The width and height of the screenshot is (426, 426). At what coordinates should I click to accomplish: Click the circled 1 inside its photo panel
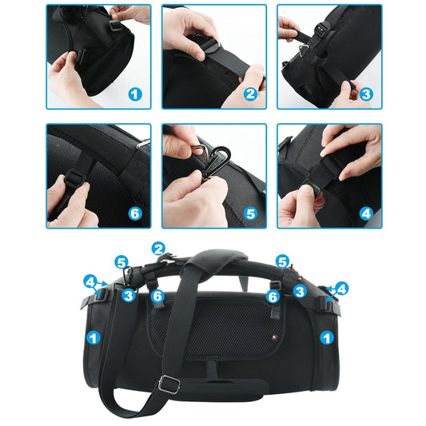point(135,94)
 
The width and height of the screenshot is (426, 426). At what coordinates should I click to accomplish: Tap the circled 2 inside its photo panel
point(249,94)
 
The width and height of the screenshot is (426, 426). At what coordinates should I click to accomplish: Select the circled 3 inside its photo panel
point(366,94)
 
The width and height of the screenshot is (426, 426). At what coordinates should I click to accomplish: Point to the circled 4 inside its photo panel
point(366,213)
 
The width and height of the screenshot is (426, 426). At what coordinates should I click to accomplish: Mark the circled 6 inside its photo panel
point(135,213)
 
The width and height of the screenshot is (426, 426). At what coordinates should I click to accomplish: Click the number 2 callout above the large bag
point(158,249)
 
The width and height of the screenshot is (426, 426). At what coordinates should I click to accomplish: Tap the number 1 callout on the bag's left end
point(94,338)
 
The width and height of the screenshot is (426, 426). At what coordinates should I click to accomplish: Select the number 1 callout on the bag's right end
point(326,338)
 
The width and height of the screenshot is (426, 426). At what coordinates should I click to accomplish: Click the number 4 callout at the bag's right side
point(342,288)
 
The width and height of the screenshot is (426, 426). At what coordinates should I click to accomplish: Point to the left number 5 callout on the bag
point(121,261)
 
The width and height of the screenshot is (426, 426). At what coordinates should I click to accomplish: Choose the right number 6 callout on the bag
point(273,297)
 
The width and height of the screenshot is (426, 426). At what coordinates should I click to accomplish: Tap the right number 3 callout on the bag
point(299,292)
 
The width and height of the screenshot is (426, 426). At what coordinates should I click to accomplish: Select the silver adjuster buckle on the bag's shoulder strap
point(168,384)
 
